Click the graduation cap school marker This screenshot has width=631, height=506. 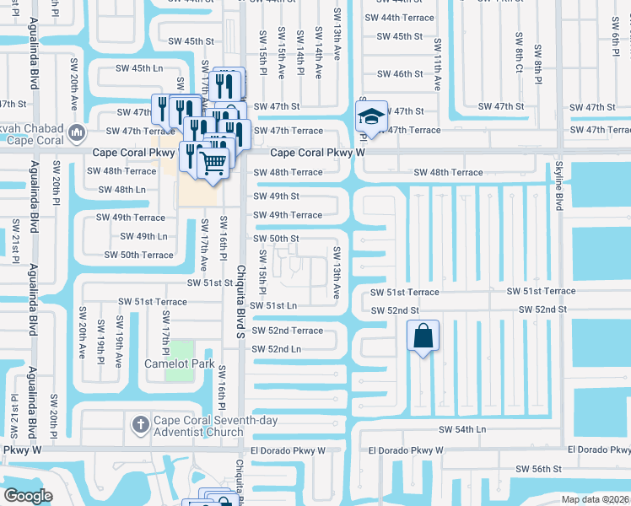[370, 116]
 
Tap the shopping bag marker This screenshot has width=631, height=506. [423, 336]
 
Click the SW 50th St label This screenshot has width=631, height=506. [277, 239]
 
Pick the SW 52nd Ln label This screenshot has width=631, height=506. [278, 348]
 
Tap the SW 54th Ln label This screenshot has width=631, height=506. [462, 429]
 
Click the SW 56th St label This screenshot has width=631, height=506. [539, 468]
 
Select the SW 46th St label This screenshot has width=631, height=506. [400, 74]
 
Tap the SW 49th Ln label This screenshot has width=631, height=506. [143, 236]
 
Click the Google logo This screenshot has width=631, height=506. [28, 495]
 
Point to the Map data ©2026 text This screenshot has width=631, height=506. [595, 499]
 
